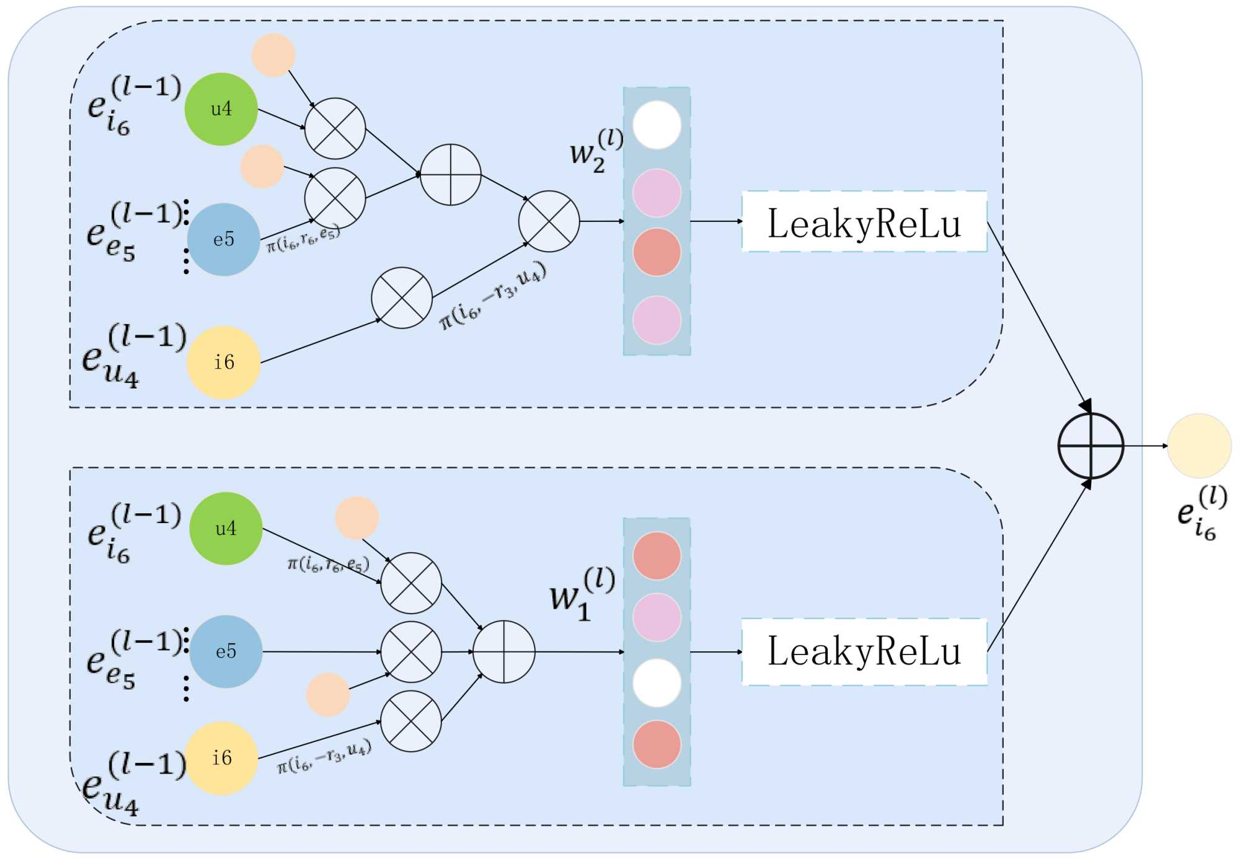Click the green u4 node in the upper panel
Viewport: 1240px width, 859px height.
pyautogui.click(x=221, y=109)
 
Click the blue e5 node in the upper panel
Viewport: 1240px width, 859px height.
pyautogui.click(x=223, y=239)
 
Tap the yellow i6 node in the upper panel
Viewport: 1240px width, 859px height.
pyautogui.click(x=223, y=362)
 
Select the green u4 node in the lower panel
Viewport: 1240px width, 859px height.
pyautogui.click(x=226, y=528)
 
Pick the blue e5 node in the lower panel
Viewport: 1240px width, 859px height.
pyautogui.click(x=226, y=651)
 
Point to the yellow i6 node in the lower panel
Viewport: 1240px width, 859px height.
pyautogui.click(x=222, y=757)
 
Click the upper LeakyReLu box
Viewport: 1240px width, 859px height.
pyautogui.click(x=864, y=222)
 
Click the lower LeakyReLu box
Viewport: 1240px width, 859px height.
pyautogui.click(x=864, y=651)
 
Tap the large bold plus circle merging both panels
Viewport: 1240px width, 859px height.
pyautogui.click(x=1090, y=446)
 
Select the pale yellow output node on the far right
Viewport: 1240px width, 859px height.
pyautogui.click(x=1199, y=446)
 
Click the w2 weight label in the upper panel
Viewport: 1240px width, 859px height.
pyautogui.click(x=595, y=151)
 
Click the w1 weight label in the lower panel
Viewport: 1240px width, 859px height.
pyautogui.click(x=582, y=594)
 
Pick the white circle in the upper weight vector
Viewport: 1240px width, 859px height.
pyautogui.click(x=657, y=125)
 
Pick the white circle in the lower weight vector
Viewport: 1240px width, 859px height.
pyautogui.click(x=657, y=682)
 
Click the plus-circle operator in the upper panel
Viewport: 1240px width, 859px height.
pyautogui.click(x=451, y=175)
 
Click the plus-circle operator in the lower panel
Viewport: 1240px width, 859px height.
pyautogui.click(x=503, y=651)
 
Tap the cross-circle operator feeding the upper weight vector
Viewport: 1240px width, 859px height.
pyautogui.click(x=549, y=221)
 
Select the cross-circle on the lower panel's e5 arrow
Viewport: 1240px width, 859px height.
pyautogui.click(x=411, y=651)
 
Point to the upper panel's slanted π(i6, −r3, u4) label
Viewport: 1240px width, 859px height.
pyautogui.click(x=493, y=296)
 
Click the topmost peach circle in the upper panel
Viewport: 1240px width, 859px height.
pyautogui.click(x=273, y=55)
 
